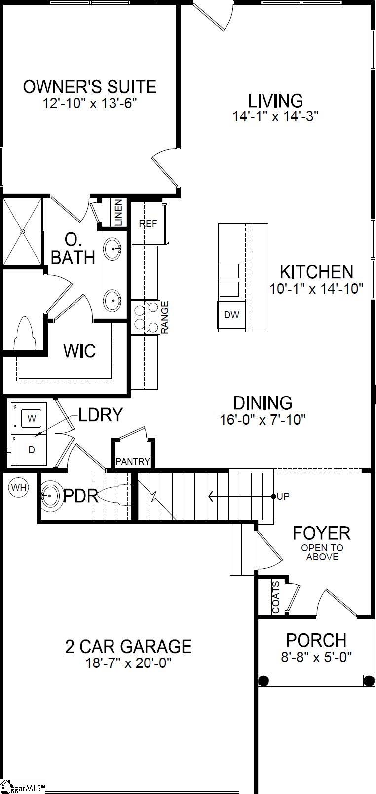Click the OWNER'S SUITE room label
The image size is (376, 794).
[x=89, y=87]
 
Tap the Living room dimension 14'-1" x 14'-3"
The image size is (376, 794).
[x=275, y=117]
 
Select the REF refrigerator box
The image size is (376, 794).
[x=148, y=223]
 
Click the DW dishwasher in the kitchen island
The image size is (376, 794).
[x=231, y=315]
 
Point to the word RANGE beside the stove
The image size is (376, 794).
[x=165, y=317]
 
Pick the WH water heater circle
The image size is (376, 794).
[x=19, y=488]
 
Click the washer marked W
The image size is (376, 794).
[x=32, y=419]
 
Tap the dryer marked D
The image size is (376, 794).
[x=32, y=450]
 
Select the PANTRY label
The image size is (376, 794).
[x=132, y=461]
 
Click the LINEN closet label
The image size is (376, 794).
[x=118, y=213]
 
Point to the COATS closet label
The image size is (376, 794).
[x=276, y=597]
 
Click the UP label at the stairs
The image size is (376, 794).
[x=283, y=496]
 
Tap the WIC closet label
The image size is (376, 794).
[x=79, y=351]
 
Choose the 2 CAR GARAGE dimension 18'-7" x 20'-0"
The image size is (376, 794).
[x=128, y=663]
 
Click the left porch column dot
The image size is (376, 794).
[x=264, y=681]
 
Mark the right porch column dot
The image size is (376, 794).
[x=369, y=681]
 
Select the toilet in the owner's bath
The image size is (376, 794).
[x=25, y=333]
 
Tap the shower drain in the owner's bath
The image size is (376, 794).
[x=22, y=231]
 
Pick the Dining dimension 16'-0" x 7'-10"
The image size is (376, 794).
[x=263, y=420]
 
